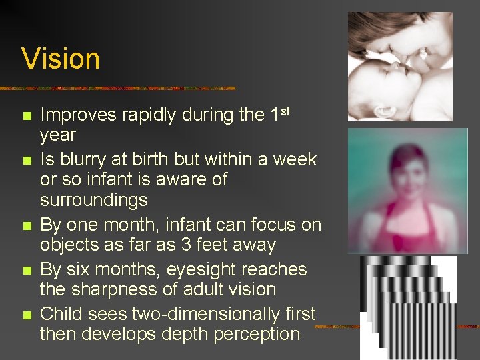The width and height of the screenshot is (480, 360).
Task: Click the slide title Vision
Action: click(61, 59)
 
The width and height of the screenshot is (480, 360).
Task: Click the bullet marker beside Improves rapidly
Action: click(27, 116)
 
